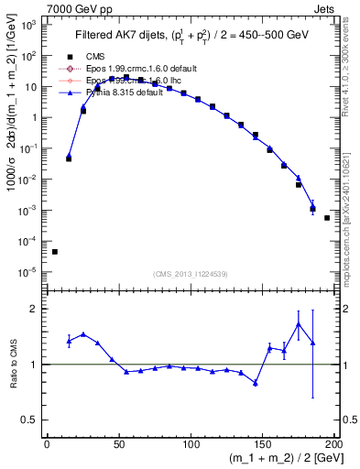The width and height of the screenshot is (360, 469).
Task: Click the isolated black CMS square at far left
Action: click(55, 252)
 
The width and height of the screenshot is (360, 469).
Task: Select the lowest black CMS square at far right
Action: click(327, 218)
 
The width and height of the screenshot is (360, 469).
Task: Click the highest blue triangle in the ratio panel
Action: click(299, 324)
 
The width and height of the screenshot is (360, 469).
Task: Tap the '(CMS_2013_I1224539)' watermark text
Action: click(190, 275)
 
